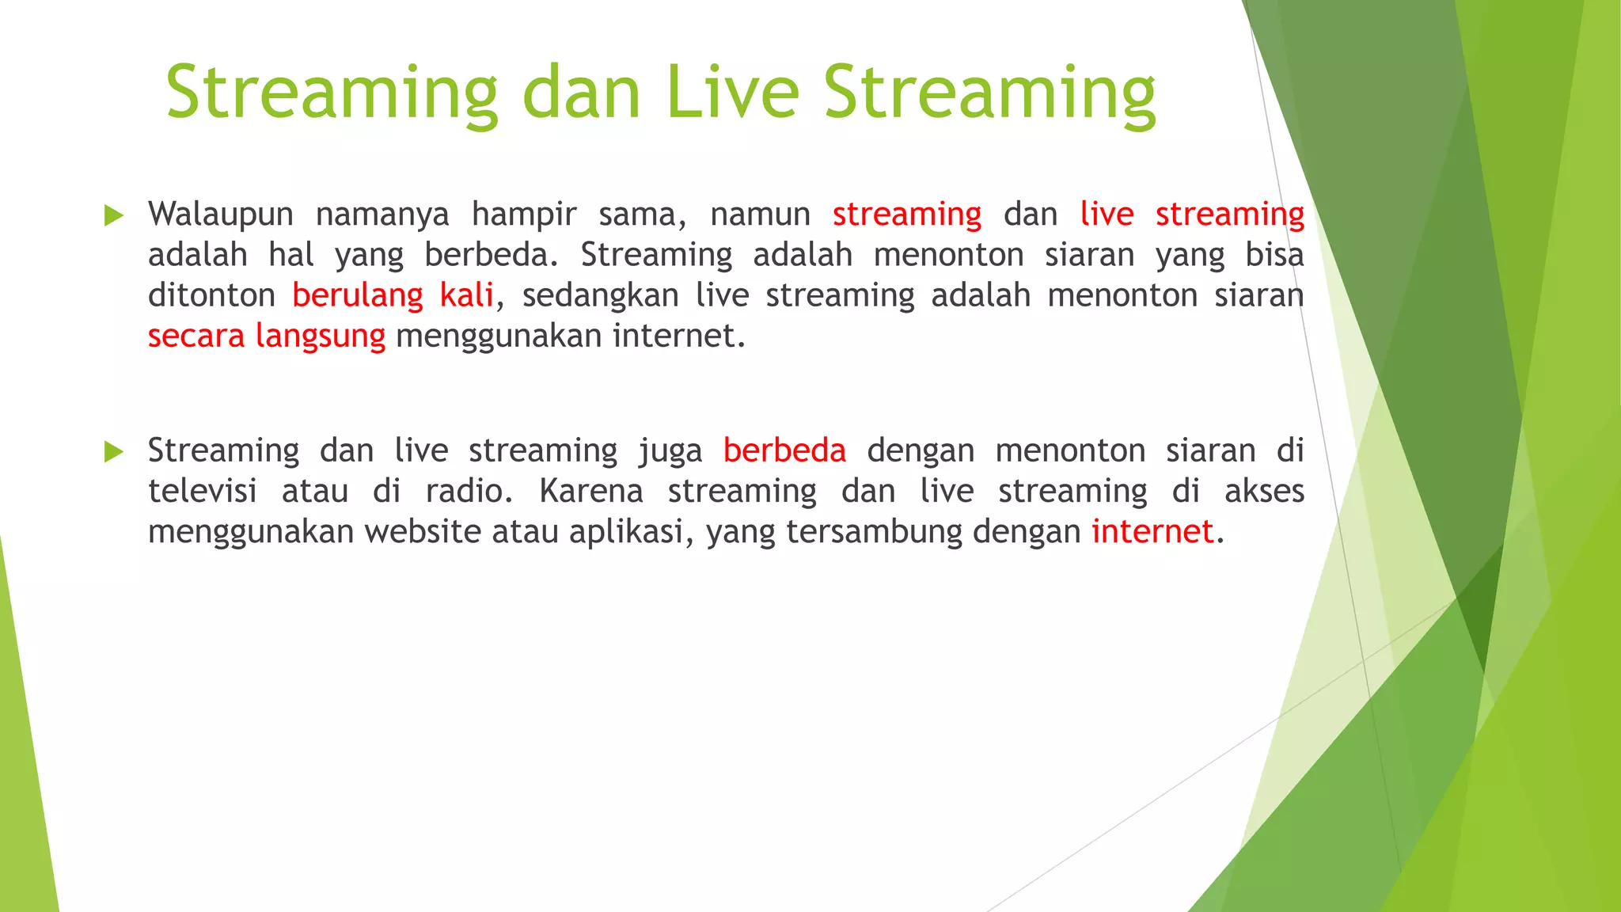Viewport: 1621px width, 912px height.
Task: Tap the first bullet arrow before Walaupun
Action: pyautogui.click(x=114, y=215)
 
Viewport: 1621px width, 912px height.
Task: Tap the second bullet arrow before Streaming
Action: pyautogui.click(x=114, y=452)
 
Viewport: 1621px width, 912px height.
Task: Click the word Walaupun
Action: pyautogui.click(x=220, y=215)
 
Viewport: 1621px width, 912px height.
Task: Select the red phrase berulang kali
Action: pyautogui.click(x=393, y=295)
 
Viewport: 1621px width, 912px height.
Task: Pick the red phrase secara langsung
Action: pyautogui.click(x=266, y=336)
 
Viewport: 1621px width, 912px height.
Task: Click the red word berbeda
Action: pyautogui.click(x=784, y=450)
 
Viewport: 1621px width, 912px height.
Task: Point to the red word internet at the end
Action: pyautogui.click(x=1152, y=531)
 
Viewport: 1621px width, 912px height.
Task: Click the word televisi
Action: pyautogui.click(x=203, y=491)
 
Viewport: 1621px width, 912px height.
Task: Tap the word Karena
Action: pyautogui.click(x=590, y=491)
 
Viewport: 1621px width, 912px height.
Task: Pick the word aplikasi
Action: pyautogui.click(x=628, y=532)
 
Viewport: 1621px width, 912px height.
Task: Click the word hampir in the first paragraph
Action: pyautogui.click(x=524, y=215)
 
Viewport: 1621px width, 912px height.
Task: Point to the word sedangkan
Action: pyautogui.click(x=600, y=296)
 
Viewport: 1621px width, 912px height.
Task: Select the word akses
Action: pyautogui.click(x=1264, y=491)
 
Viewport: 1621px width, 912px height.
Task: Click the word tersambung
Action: pyautogui.click(x=874, y=532)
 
